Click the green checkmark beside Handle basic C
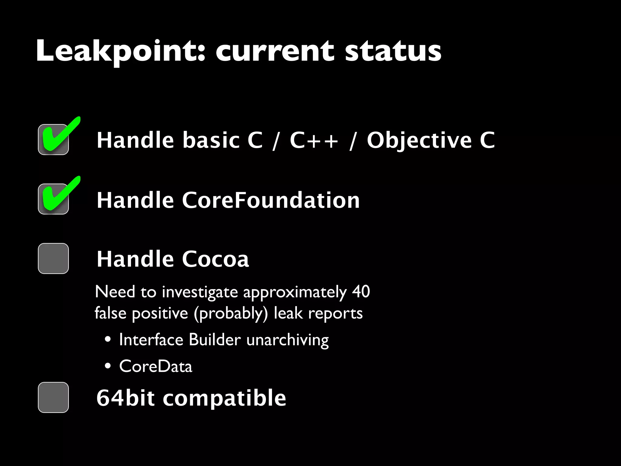point(59,135)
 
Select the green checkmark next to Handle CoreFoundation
point(59,195)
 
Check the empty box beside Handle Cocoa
point(53,258)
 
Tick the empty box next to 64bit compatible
point(53,397)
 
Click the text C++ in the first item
point(314,140)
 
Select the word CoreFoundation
point(270,200)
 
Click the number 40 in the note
point(361,292)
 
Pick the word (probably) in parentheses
point(231,313)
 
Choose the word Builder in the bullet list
point(215,340)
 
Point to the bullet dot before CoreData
point(108,366)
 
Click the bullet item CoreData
point(156,366)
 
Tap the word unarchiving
point(287,340)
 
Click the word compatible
point(224,398)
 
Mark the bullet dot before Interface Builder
point(108,340)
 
